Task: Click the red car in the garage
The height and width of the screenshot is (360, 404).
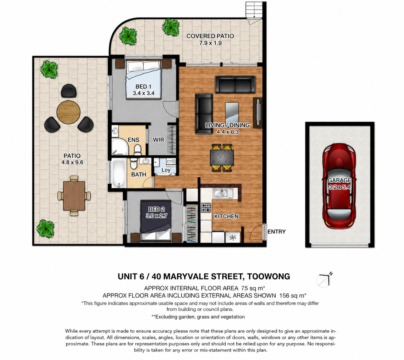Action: point(339,186)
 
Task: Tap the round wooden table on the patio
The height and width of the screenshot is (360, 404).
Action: point(68,112)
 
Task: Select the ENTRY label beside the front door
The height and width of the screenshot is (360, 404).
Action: point(276,232)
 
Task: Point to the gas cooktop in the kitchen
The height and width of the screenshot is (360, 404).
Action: point(206,207)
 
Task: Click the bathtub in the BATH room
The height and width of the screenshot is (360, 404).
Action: point(119,173)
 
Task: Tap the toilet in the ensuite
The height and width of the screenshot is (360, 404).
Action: point(138,150)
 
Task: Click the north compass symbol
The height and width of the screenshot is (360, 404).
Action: point(324,280)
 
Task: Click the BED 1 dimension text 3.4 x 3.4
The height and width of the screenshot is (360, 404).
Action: point(144,93)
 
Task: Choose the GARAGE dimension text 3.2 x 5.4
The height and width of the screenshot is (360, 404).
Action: point(339,187)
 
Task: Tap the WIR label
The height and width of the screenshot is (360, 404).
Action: point(158,140)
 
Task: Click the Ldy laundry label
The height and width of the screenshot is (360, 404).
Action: point(166,170)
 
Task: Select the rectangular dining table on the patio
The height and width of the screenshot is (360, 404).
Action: point(74,196)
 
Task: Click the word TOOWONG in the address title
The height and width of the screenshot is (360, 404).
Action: point(268,277)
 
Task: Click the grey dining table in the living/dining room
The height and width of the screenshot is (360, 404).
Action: point(222,157)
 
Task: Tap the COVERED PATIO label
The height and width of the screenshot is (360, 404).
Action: point(210,36)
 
